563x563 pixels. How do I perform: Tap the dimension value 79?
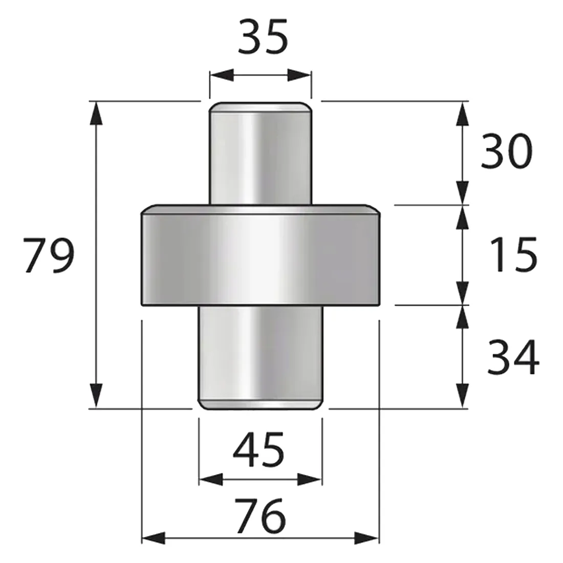[x=49, y=255]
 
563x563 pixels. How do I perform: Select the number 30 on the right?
[x=506, y=151]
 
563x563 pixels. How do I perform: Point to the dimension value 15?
[x=513, y=254]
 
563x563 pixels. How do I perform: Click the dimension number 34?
[x=513, y=357]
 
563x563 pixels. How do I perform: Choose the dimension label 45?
[x=258, y=449]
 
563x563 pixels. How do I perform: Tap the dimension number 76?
[x=261, y=515]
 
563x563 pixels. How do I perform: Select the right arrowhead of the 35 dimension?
[x=299, y=75]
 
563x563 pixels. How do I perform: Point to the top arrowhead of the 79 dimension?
[x=96, y=114]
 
